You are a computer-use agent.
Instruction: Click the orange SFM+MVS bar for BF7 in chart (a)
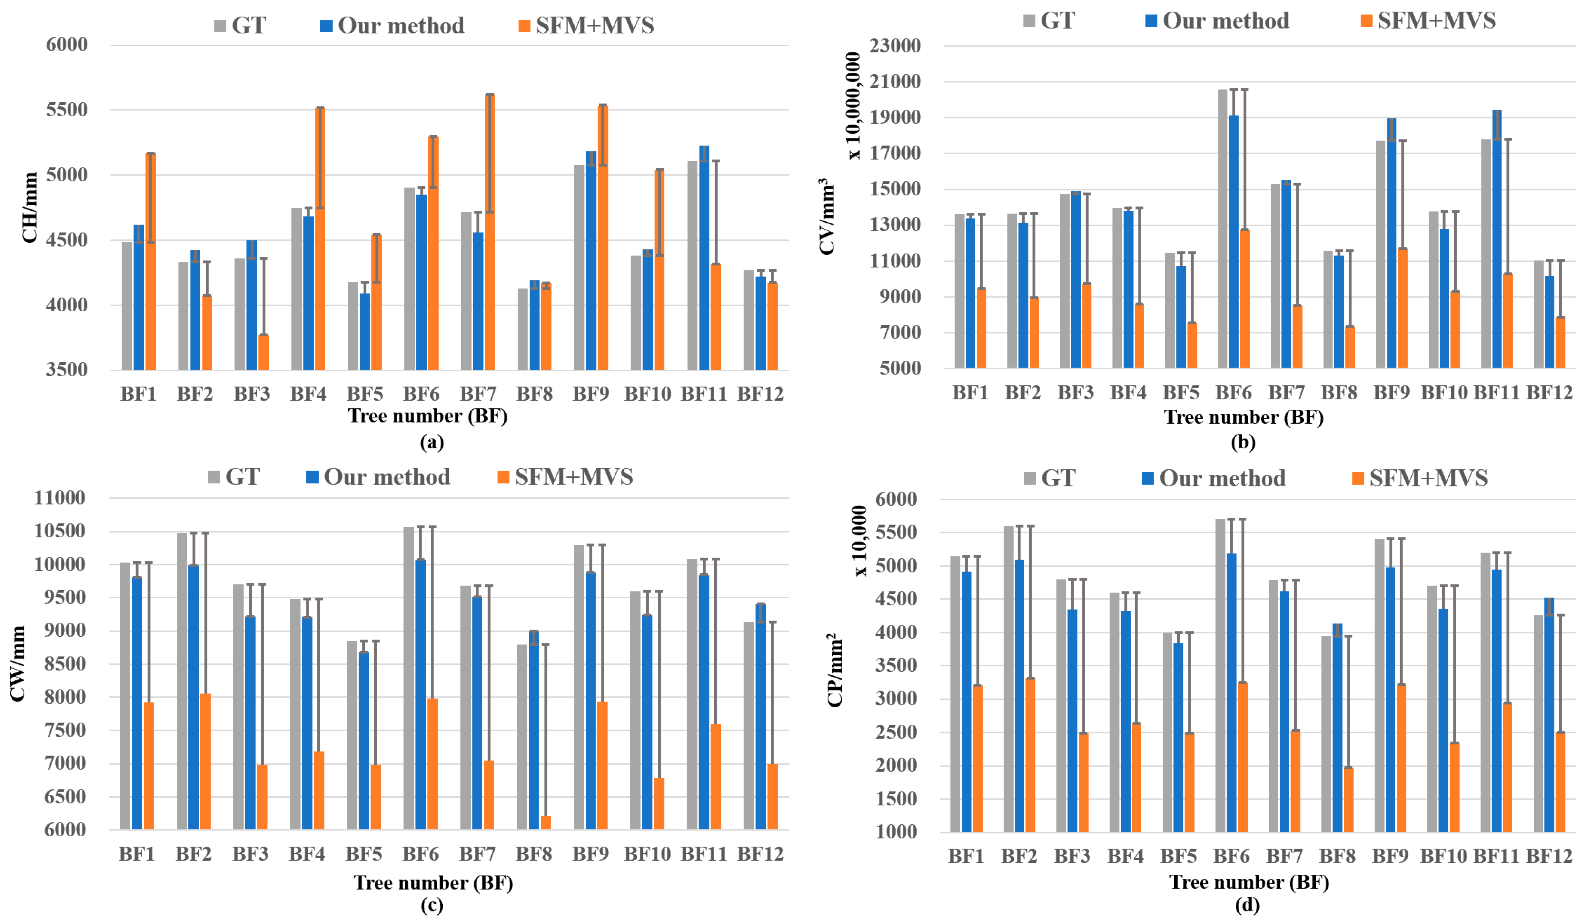point(489,232)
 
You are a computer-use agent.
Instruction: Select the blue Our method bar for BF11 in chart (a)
point(704,258)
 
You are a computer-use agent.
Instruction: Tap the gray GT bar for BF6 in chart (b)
point(1223,229)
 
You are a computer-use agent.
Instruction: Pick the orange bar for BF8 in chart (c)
point(545,823)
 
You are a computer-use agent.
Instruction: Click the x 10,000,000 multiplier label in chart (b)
point(853,106)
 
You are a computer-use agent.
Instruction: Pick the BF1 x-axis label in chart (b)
point(970,393)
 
